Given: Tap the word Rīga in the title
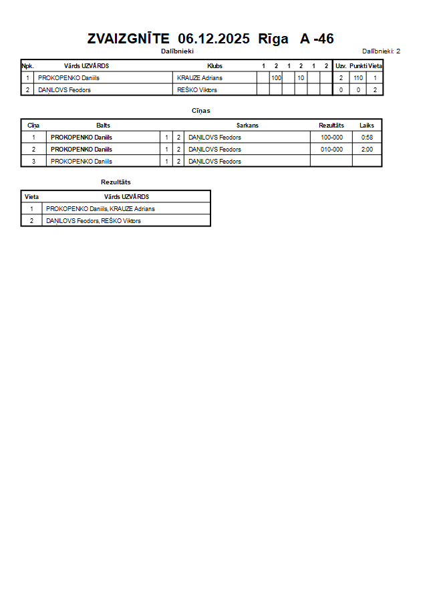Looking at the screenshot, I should click(273, 39).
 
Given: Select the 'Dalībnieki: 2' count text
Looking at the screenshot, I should click(381, 51).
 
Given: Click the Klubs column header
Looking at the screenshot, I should click(215, 66).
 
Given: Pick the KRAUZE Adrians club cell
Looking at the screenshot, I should click(200, 78).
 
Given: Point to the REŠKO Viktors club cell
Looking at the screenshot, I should click(197, 89).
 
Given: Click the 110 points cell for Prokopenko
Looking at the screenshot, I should click(358, 78).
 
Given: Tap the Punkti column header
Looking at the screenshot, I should click(358, 66).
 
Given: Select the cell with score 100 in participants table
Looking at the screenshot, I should click(276, 78).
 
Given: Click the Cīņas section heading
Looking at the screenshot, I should click(201, 110).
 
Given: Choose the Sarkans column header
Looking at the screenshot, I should click(247, 126).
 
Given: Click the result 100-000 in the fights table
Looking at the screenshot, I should click(331, 138).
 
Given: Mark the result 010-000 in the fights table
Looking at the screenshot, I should click(331, 150).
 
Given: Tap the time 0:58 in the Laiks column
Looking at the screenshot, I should click(367, 138).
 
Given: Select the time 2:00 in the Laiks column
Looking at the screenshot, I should click(367, 150).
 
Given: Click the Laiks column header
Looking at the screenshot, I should click(367, 126).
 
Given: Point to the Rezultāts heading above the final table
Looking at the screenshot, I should click(116, 182).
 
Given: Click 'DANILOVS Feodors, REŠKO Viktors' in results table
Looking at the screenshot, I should click(94, 221).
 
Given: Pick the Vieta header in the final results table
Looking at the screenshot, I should click(31, 197).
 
